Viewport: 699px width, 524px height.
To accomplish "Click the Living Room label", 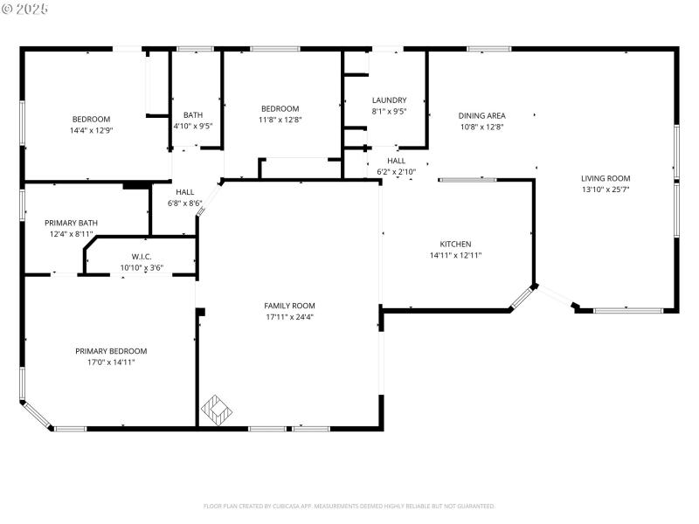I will coord(606,178).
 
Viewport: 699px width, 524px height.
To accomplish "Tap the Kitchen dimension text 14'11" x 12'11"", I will coord(455,256).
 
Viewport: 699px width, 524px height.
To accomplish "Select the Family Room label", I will coord(289,306).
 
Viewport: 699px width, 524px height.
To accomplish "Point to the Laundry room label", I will coord(389,100).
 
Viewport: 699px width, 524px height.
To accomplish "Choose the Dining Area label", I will coord(481,115).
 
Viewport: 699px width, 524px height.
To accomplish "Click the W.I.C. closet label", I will coord(142,257).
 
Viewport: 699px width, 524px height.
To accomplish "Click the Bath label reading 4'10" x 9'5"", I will coord(193,126).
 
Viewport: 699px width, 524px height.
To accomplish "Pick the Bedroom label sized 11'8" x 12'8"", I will coord(280,120).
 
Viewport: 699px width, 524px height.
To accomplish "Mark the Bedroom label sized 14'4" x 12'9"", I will coord(91,130).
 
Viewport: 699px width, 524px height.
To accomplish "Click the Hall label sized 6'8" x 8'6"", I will coord(184,203).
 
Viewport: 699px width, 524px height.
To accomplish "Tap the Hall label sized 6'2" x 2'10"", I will coord(396,172).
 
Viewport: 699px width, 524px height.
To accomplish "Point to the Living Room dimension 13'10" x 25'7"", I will coord(606,190).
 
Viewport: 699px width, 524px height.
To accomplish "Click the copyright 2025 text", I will coord(25,9).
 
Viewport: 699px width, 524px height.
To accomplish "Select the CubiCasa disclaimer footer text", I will coord(349,506).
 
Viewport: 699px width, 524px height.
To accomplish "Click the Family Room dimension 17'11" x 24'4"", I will coord(289,317).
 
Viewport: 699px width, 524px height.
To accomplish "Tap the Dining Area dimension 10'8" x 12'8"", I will coord(481,127).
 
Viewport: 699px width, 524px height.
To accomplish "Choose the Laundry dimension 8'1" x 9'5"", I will coord(389,112).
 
